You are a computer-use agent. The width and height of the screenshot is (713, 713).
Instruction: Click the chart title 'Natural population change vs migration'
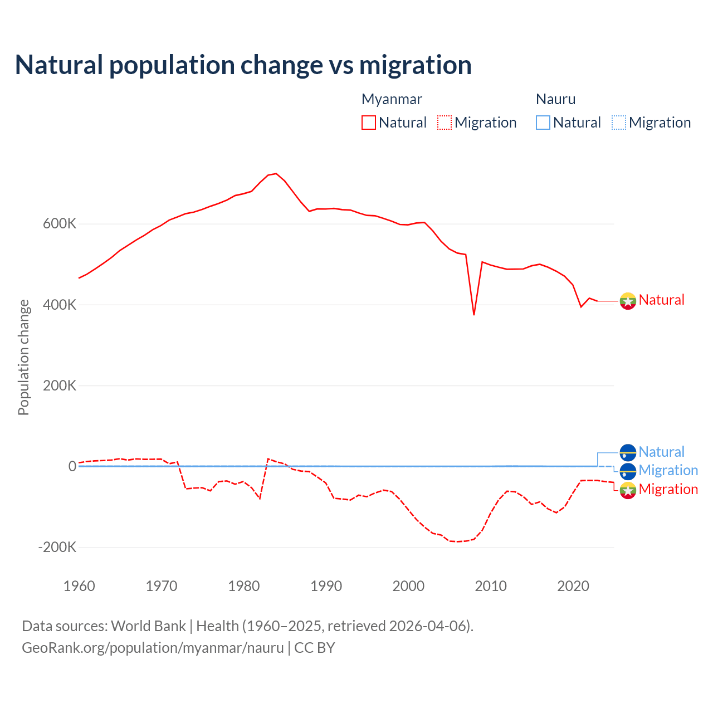point(243,65)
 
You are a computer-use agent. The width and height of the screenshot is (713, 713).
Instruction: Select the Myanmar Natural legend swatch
point(369,123)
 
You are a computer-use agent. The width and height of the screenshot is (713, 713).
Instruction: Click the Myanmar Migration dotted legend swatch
point(445,123)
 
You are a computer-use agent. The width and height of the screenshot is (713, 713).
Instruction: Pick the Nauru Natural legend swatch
point(543,123)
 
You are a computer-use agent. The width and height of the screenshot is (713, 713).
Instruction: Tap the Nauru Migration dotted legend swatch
point(619,123)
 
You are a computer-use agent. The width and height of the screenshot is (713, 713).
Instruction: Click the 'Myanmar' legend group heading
point(392,99)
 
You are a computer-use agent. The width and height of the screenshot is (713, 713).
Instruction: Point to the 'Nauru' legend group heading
point(555,99)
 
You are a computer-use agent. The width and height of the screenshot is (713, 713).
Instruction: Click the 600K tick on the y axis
point(60,224)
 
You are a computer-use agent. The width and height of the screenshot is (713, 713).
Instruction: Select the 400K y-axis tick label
point(60,305)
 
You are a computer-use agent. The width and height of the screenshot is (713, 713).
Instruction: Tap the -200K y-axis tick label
point(57,547)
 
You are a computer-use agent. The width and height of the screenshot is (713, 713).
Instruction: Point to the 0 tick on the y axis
point(72,466)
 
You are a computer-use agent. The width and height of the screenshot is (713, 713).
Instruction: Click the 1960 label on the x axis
point(79,586)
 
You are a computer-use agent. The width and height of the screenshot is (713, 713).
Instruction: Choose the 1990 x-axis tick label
point(326,586)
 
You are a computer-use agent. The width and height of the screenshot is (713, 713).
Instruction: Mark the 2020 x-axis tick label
point(573,586)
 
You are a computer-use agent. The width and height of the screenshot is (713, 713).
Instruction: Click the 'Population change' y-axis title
point(23,357)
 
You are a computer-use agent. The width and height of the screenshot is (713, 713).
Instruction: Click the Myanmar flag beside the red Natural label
point(628,301)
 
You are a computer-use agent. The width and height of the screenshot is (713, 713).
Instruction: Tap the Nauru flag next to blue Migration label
point(628,471)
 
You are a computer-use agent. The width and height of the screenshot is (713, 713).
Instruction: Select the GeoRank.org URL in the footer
point(153,648)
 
